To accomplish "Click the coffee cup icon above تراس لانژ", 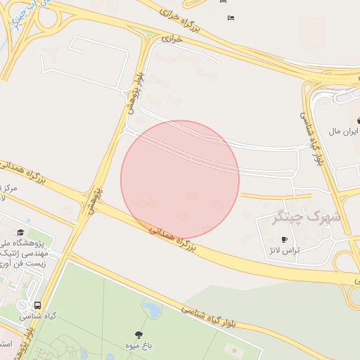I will (285, 239).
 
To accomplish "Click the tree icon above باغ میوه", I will (138, 335).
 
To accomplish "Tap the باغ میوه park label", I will (138, 347).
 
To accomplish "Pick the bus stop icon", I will (37, 306).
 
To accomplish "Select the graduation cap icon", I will (20, 233).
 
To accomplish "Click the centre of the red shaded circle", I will (180, 179).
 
